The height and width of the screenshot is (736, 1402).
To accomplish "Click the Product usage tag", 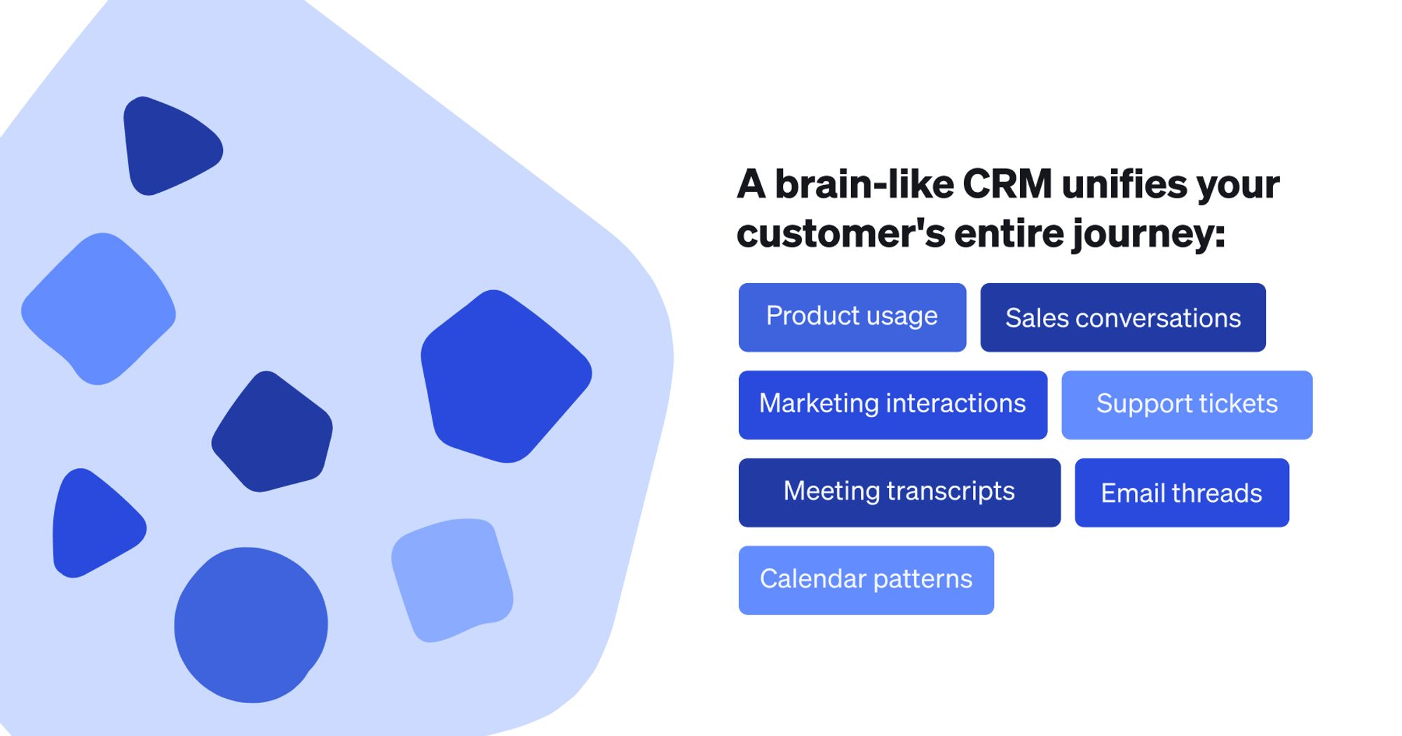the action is (x=852, y=317).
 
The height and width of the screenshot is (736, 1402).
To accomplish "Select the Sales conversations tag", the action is (x=1122, y=318).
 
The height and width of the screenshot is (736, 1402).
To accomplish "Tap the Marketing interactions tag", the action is (x=892, y=404).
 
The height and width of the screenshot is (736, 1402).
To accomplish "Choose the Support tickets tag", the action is (x=1186, y=404).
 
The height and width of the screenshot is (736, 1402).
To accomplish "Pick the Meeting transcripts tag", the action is (x=899, y=492).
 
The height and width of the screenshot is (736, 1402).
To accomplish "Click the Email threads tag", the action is (x=1181, y=493).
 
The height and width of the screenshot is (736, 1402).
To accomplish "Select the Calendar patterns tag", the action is (x=866, y=580).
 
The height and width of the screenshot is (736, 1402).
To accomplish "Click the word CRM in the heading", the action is (x=1007, y=184).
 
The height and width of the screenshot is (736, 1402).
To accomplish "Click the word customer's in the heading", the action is (x=840, y=233).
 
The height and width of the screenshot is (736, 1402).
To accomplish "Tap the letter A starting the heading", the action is (x=751, y=184).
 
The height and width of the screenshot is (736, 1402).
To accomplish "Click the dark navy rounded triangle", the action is (x=168, y=146).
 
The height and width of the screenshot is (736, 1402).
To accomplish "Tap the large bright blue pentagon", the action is (x=505, y=376).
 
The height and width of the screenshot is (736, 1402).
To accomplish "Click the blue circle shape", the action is (x=250, y=625).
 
